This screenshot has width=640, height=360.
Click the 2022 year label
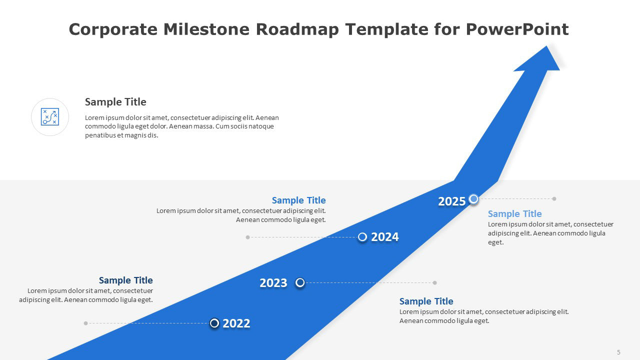point(236,323)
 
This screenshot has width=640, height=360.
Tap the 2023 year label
point(273,283)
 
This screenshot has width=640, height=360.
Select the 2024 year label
point(384,237)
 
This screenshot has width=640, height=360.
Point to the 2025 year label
point(452,201)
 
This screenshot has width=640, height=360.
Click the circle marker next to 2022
point(214,323)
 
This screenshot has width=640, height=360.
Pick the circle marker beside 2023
point(300,283)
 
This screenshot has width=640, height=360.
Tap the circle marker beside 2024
point(362,237)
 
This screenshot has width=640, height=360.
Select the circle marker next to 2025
point(473,199)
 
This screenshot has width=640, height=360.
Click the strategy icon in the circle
point(50,117)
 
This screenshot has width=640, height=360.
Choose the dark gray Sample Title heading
point(115,102)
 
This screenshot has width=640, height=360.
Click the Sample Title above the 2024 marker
point(298,200)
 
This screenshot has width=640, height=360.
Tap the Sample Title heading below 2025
point(514,214)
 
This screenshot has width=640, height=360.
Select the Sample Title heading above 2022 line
point(125,280)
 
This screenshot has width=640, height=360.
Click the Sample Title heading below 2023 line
point(426,301)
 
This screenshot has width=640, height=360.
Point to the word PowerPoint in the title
point(517,29)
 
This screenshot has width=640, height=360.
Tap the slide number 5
point(618,352)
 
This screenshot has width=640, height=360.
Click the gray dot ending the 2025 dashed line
point(554,199)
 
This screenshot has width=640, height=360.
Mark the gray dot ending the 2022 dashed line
point(86,323)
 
